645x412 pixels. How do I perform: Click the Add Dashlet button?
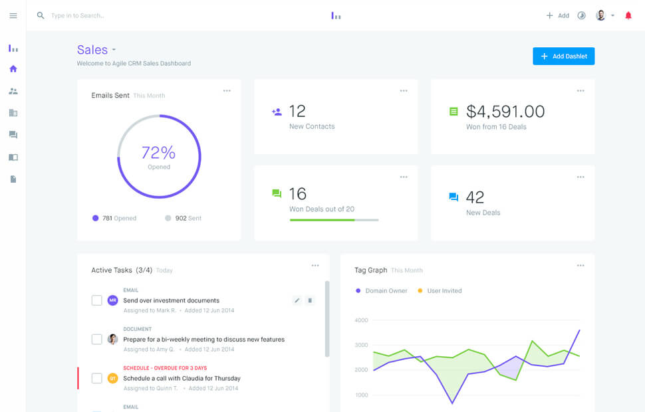pyautogui.click(x=563, y=56)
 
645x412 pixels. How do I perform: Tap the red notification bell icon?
pyautogui.click(x=628, y=15)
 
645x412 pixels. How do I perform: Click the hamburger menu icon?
pyautogui.click(x=13, y=15)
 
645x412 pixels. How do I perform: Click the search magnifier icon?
pyautogui.click(x=41, y=15)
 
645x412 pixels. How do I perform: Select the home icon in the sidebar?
pyautogui.click(x=13, y=68)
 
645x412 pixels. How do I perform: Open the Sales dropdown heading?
pyautogui.click(x=96, y=50)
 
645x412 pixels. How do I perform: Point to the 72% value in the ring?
pyautogui.click(x=158, y=152)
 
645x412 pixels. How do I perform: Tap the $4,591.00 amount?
pyautogui.click(x=505, y=112)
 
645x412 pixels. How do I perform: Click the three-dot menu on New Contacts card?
pyautogui.click(x=404, y=91)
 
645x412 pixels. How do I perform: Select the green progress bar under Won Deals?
pyautogui.click(x=322, y=219)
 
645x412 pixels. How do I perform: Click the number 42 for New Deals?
pyautogui.click(x=475, y=197)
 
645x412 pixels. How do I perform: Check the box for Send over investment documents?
pyautogui.click(x=97, y=300)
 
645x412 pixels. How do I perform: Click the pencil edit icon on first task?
pyautogui.click(x=297, y=300)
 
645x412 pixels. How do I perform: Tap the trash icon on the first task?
pyautogui.click(x=309, y=300)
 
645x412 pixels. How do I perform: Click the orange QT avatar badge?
pyautogui.click(x=112, y=378)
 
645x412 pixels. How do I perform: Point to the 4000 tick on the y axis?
pyautogui.click(x=361, y=320)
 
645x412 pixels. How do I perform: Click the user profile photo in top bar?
pyautogui.click(x=600, y=15)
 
